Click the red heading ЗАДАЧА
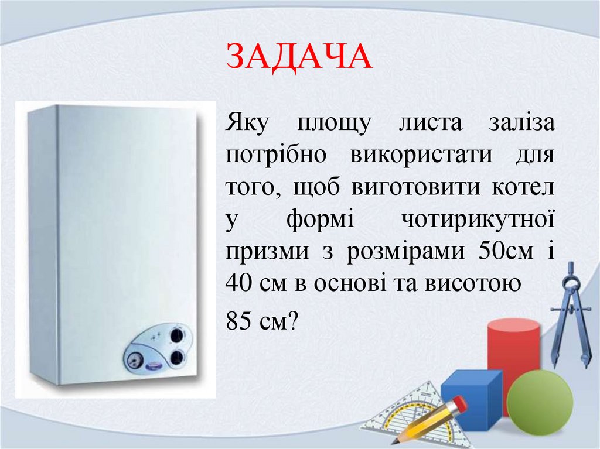click(x=299, y=57)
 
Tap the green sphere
click(x=540, y=402)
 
